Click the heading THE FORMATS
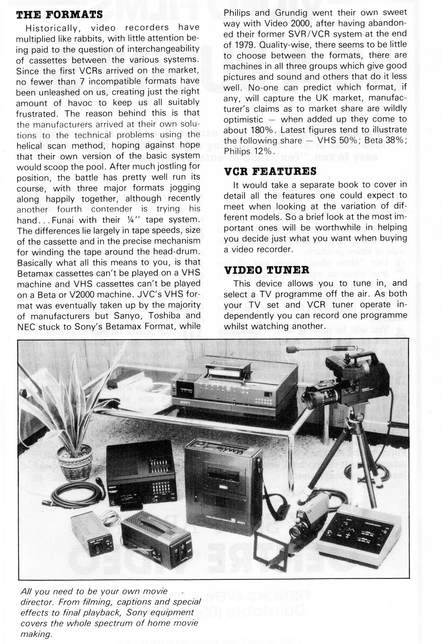[59, 14]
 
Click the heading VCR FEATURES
[270, 171]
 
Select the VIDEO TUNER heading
[266, 270]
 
